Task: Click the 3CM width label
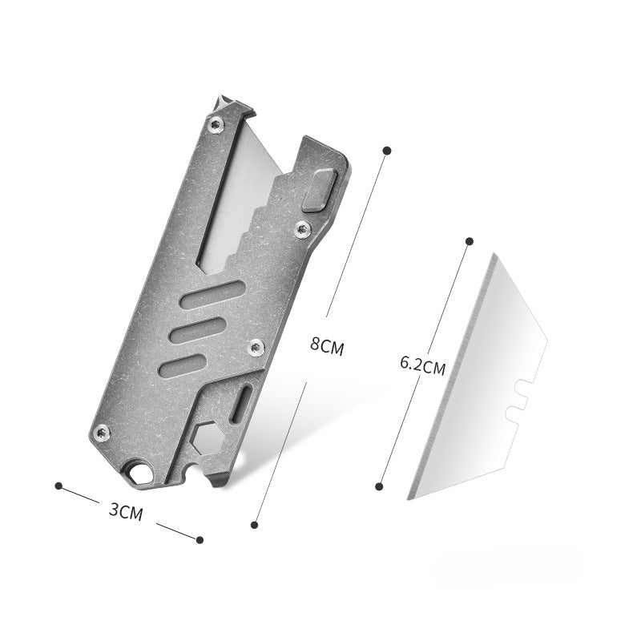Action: pos(126,511)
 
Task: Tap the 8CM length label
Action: pos(327,346)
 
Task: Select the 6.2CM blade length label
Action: pos(423,365)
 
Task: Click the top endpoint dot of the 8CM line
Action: pos(388,151)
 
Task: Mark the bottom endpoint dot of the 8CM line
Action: pos(254,525)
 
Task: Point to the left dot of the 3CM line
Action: pos(58,486)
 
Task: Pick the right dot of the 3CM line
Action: pos(200,540)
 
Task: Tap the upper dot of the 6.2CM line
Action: pos(470,241)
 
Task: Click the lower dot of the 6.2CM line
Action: pos(379,486)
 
